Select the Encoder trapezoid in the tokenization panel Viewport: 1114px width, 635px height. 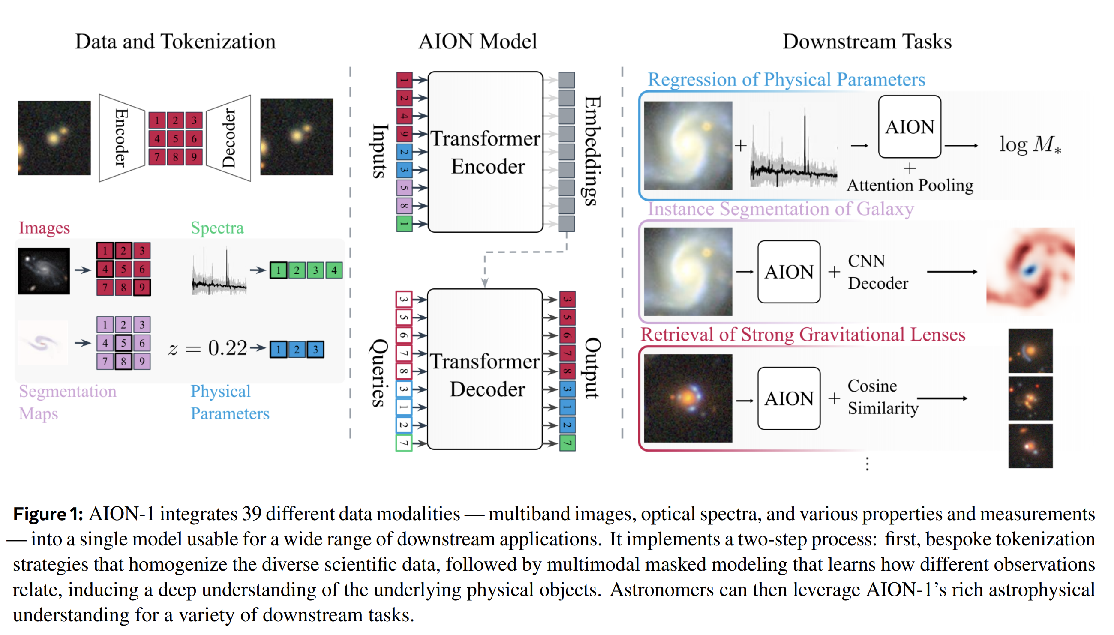(121, 138)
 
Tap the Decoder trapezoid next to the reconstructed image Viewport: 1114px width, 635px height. (228, 138)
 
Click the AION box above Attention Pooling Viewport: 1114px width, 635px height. (909, 127)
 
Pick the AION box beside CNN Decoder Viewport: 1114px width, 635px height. (788, 272)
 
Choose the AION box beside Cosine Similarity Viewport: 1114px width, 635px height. (788, 398)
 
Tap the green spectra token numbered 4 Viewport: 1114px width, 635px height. (333, 270)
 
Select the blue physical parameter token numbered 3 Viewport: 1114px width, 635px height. (315, 349)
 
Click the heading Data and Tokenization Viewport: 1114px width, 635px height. (175, 42)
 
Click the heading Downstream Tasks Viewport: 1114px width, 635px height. (867, 42)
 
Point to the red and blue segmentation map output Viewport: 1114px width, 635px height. (1030, 271)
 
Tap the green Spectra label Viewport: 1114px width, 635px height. (217, 228)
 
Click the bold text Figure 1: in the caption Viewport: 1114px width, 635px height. (48, 514)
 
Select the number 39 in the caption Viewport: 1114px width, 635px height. (252, 514)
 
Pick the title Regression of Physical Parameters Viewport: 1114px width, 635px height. (786, 79)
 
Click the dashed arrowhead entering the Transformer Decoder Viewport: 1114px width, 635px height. (485, 283)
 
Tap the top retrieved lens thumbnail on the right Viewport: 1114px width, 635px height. (1030, 350)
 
